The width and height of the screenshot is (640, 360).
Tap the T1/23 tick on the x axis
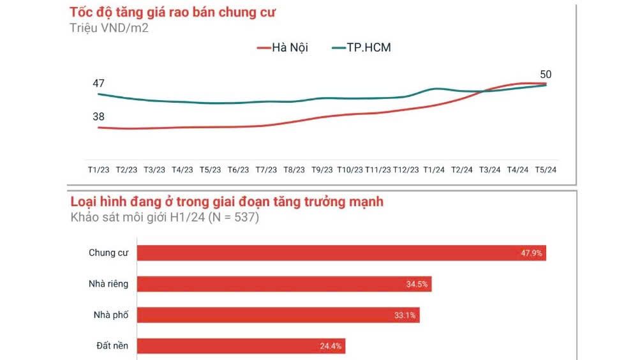tap(99, 170)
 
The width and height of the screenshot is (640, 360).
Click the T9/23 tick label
tap(322, 170)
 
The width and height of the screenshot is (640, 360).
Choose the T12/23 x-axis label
tap(406, 170)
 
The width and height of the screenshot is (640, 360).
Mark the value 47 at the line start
tap(98, 83)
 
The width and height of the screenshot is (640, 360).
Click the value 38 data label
tap(98, 117)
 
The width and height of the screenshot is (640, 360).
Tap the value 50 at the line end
tap(545, 74)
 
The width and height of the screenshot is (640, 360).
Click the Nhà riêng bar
tap(285, 284)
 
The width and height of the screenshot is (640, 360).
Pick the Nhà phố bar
tap(279, 315)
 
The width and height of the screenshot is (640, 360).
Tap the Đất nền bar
tap(241, 346)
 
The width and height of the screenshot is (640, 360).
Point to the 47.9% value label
tap(532, 253)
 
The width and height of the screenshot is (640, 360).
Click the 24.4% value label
tap(331, 347)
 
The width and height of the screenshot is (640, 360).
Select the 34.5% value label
tap(417, 284)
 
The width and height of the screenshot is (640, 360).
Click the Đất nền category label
tap(108, 346)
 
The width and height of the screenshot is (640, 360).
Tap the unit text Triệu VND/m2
tap(109, 27)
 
